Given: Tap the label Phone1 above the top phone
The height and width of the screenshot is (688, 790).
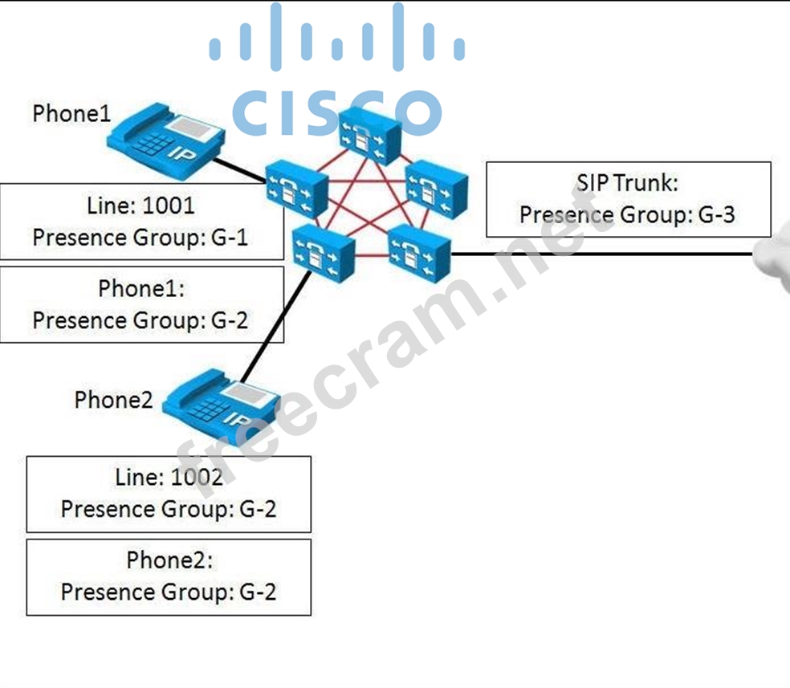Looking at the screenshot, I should [71, 113].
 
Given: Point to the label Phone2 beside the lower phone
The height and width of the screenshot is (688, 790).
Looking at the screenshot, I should [113, 399].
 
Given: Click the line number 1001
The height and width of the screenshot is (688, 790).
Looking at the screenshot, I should [168, 206].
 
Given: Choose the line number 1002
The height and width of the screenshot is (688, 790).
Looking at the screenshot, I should [196, 477].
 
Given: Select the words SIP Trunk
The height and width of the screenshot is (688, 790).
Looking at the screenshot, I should [627, 183].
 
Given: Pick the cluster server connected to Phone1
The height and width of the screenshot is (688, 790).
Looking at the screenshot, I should [296, 186].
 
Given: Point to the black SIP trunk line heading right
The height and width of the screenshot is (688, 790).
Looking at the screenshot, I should [602, 254].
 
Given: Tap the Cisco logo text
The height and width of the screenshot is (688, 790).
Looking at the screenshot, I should [336, 112].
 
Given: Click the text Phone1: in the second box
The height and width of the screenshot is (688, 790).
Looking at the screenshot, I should [141, 288].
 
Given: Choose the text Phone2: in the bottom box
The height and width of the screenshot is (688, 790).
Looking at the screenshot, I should [169, 560].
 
